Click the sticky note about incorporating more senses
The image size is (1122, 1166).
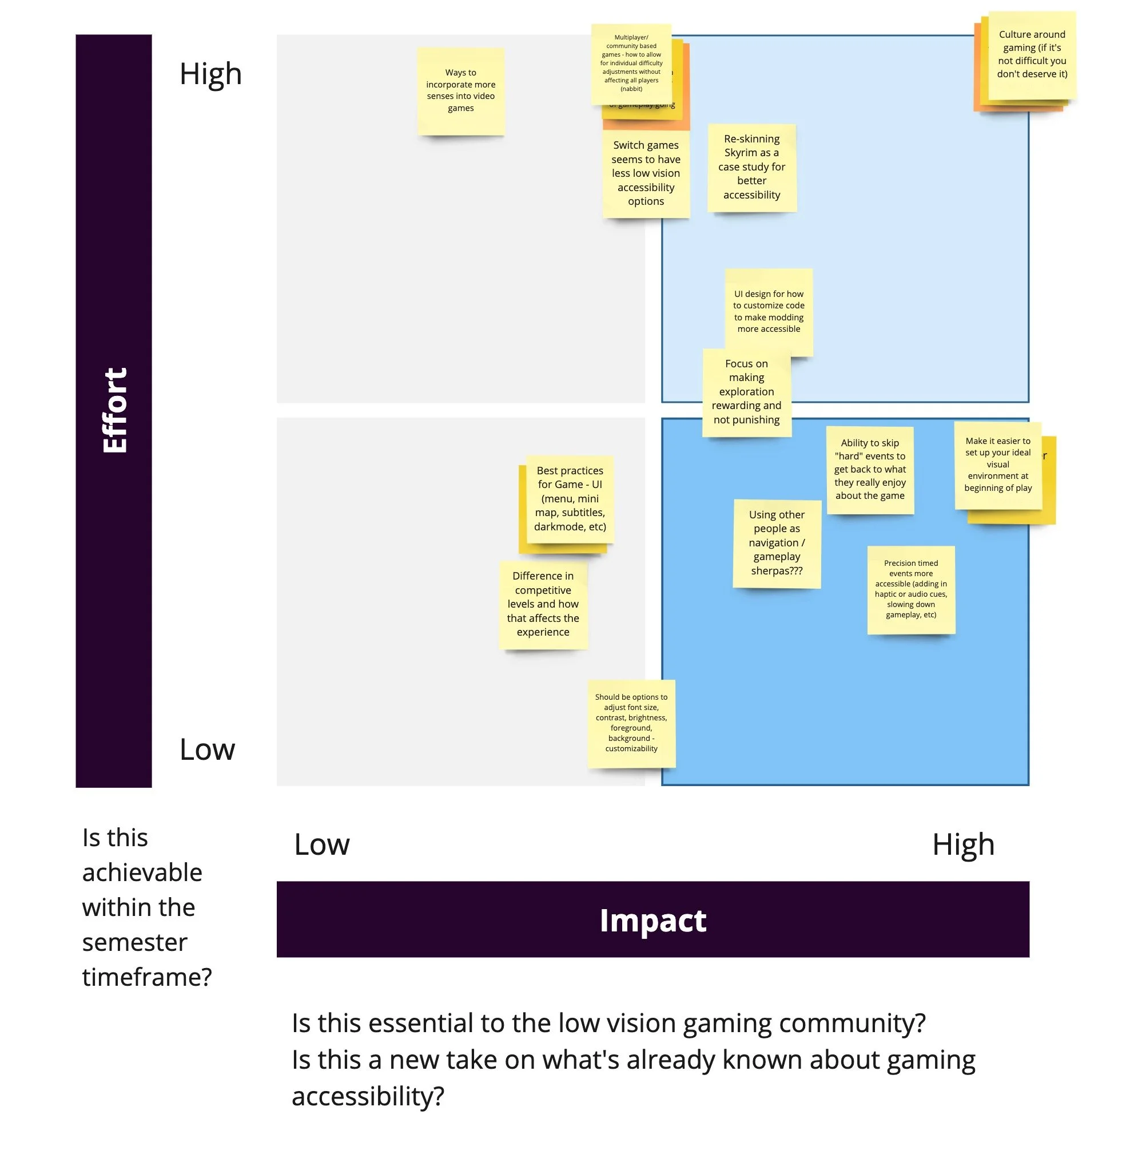tap(460, 90)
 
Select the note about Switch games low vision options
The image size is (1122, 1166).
tap(646, 173)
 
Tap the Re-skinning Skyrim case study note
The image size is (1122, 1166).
tap(751, 167)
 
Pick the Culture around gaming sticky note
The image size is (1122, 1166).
tap(1032, 54)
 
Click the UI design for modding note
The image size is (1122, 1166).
tap(768, 311)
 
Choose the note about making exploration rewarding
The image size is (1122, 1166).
tap(746, 391)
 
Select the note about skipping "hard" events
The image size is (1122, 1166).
tap(869, 469)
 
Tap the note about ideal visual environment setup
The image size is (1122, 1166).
tap(998, 465)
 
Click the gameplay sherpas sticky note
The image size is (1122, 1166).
tap(777, 542)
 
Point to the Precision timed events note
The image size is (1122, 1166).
tap(910, 589)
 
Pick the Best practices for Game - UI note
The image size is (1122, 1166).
tap(570, 498)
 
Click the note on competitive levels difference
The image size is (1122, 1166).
tap(543, 604)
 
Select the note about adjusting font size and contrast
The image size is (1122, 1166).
tap(631, 723)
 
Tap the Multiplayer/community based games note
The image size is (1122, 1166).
tap(631, 63)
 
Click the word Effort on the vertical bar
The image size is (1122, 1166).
tap(114, 410)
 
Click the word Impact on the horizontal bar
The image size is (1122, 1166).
tap(652, 921)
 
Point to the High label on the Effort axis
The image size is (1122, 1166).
tap(210, 74)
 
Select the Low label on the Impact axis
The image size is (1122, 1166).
tap(322, 844)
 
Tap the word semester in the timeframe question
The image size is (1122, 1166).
tap(134, 942)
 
